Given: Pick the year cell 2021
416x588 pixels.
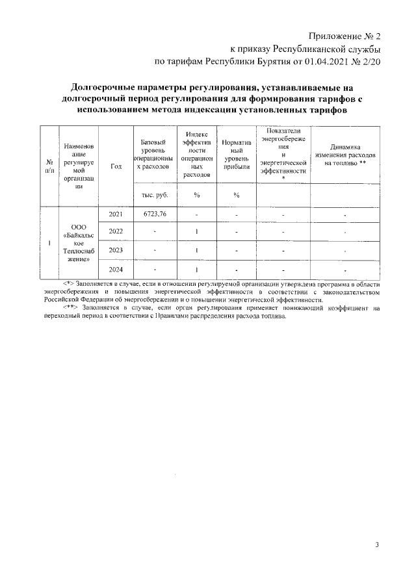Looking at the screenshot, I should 116,214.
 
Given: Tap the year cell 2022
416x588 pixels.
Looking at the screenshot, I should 116,231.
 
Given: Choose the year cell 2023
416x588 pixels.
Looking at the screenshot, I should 116,250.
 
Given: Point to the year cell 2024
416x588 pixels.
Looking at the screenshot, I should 116,268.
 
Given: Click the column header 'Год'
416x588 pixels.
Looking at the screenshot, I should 116,166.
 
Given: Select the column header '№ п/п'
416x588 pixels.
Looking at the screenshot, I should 49,166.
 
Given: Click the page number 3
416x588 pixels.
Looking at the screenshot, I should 376,544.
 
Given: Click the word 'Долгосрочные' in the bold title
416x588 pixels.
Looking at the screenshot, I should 103,86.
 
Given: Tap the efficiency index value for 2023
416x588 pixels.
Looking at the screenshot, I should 196,250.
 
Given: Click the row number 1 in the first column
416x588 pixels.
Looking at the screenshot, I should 49,241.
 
